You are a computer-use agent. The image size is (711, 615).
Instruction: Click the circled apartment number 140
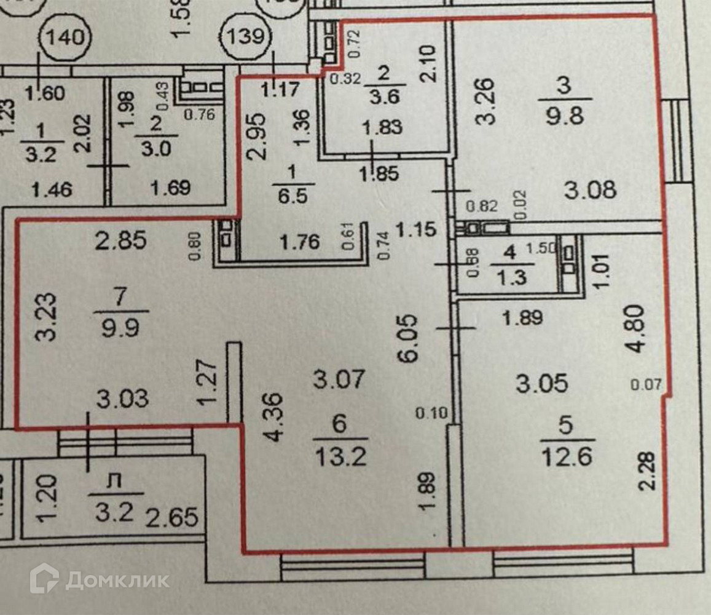click(x=66, y=37)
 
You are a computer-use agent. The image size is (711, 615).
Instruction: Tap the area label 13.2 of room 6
click(x=340, y=456)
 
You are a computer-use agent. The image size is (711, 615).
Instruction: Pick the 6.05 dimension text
click(x=411, y=339)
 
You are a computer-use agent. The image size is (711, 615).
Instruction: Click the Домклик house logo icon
click(x=44, y=579)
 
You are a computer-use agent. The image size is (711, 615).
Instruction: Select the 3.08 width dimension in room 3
click(x=590, y=190)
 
